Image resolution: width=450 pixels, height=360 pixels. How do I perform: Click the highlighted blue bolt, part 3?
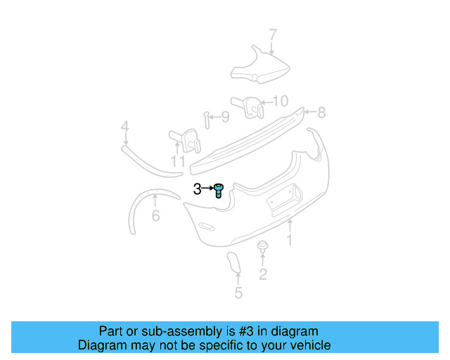(219, 190)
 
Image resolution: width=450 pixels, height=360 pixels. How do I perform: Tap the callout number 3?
(197, 188)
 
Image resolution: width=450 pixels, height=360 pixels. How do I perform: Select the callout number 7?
(273, 34)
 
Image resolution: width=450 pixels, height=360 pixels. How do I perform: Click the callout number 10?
(280, 101)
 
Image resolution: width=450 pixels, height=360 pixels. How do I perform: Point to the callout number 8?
(321, 112)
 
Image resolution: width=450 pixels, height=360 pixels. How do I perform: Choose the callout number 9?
(225, 117)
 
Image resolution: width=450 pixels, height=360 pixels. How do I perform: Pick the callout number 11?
(178, 162)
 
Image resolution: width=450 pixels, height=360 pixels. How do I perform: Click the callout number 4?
(124, 127)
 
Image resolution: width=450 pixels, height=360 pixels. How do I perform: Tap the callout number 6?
(155, 215)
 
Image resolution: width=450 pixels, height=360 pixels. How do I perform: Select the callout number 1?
(289, 240)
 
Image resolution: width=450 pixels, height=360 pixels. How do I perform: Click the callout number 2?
(263, 274)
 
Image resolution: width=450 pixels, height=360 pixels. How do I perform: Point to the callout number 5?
(238, 293)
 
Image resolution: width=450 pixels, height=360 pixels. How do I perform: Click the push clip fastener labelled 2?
(263, 247)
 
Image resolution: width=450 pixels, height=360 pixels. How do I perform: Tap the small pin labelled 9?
(207, 120)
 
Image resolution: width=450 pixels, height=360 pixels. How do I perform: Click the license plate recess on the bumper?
(285, 198)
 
